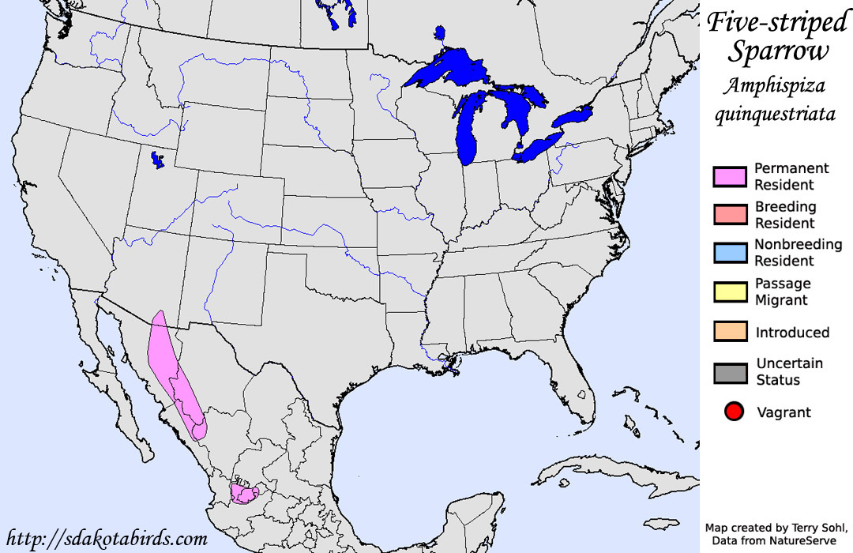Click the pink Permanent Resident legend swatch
point(731,177)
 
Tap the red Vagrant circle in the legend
point(735,412)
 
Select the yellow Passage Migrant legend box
point(731,292)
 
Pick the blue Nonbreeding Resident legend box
point(731,253)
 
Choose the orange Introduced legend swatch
point(731,332)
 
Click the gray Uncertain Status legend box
point(731,371)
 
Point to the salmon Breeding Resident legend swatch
point(731,215)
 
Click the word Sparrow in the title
point(778,52)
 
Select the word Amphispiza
point(776,85)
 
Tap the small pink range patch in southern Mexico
point(243,493)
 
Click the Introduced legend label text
point(792,333)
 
